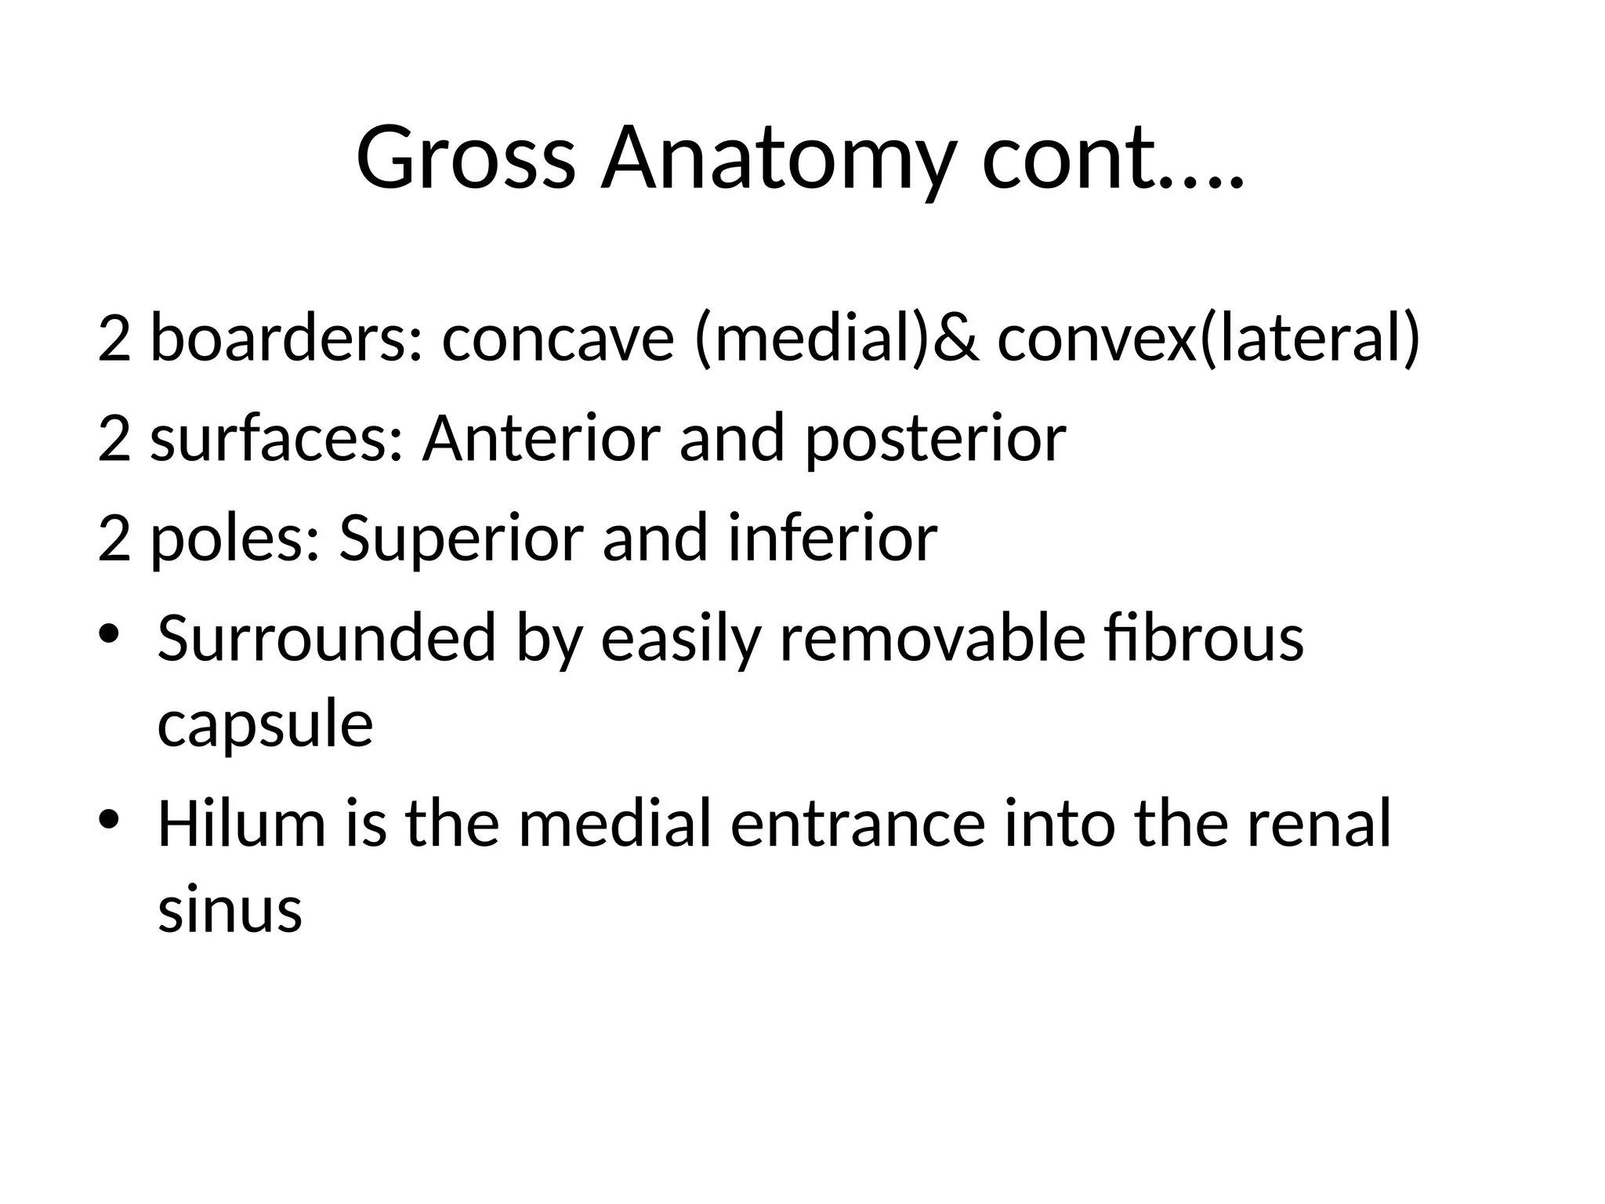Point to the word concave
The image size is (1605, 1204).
coord(558,339)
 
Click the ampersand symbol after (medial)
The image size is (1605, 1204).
coord(958,339)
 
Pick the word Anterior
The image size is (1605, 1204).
coord(540,438)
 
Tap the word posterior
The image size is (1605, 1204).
coord(935,438)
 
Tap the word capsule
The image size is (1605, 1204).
coord(265,724)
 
